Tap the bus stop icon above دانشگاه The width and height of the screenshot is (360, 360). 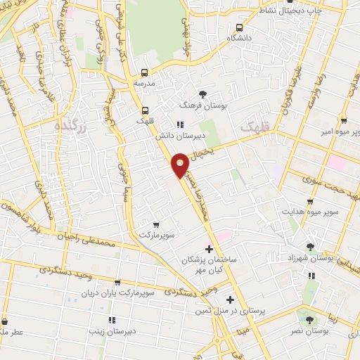pos(240,27)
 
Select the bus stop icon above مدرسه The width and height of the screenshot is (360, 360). pos(144,72)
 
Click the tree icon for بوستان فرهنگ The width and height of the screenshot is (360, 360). pos(202,93)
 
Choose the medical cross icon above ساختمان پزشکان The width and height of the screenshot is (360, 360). pos(209,248)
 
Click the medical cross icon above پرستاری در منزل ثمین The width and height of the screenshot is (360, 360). pos(230,300)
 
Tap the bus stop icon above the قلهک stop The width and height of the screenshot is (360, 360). pos(146,110)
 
